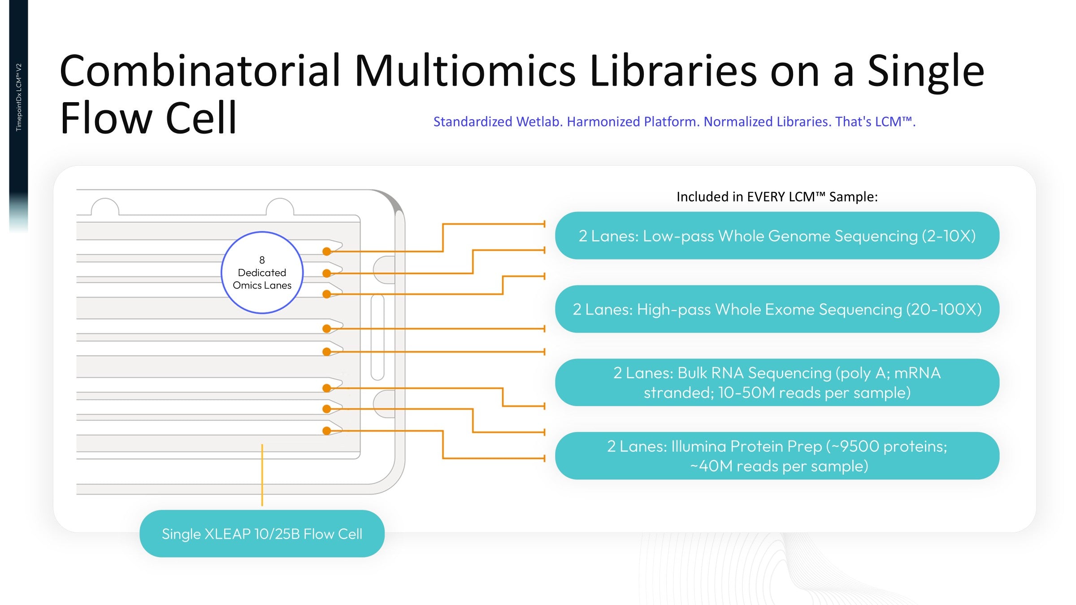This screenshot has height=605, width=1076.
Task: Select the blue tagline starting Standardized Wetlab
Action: (674, 121)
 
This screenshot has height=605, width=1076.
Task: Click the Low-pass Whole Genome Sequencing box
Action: (777, 236)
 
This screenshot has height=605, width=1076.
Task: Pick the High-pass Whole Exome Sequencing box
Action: (777, 309)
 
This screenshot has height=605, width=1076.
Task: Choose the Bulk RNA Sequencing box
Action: (777, 382)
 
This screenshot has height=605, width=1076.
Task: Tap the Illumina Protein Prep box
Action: (777, 456)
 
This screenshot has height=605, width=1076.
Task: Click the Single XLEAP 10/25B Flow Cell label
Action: (262, 534)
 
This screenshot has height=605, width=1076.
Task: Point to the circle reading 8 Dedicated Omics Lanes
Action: (262, 272)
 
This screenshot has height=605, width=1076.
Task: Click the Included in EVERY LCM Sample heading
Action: (777, 197)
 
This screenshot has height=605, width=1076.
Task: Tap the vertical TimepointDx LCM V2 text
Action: (19, 97)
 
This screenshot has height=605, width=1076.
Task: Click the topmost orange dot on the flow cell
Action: (327, 251)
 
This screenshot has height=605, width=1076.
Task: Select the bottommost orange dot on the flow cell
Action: (327, 431)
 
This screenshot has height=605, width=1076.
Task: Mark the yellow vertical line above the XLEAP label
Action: (262, 475)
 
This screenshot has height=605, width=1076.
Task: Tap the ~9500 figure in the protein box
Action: (854, 446)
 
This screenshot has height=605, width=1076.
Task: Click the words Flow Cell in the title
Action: (148, 118)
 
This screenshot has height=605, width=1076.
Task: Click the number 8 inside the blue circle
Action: (262, 260)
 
